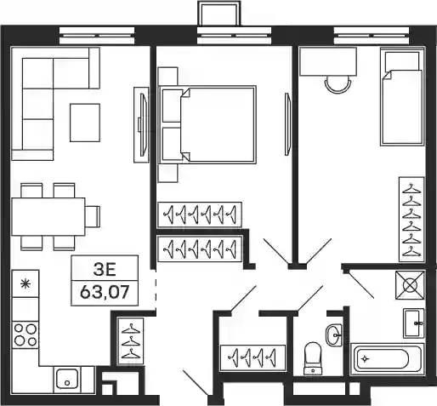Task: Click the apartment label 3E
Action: click(105, 270)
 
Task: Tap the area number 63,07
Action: click(105, 292)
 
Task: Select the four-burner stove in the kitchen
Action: click(26, 335)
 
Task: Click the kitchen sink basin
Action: click(67, 379)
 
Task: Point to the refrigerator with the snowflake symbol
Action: click(26, 283)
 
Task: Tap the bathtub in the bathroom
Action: click(388, 359)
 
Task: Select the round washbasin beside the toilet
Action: click(334, 335)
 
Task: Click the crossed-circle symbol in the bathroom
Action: click(410, 285)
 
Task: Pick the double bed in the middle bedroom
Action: click(207, 125)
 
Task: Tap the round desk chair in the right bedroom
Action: click(338, 84)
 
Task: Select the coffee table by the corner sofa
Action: click(85, 123)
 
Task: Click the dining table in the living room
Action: click(48, 217)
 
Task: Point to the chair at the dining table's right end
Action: click(93, 217)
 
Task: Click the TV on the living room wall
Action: click(143, 125)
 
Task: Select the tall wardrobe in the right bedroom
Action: click(411, 220)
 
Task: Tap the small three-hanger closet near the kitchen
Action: click(131, 341)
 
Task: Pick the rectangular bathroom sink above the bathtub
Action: click(414, 323)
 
